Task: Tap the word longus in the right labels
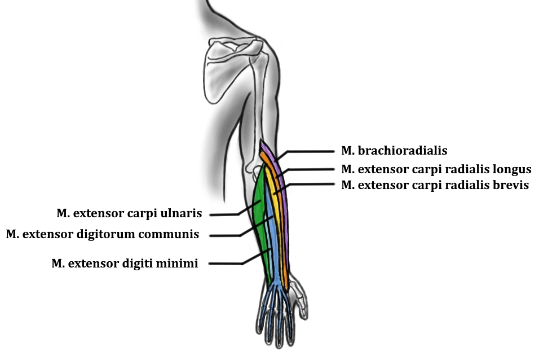pyautogui.click(x=512, y=169)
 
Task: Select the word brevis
pyautogui.click(x=511, y=185)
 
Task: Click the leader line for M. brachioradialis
pyautogui.click(x=310, y=151)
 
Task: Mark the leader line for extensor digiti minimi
pyautogui.click(x=226, y=264)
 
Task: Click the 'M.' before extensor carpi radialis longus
pyautogui.click(x=347, y=169)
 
